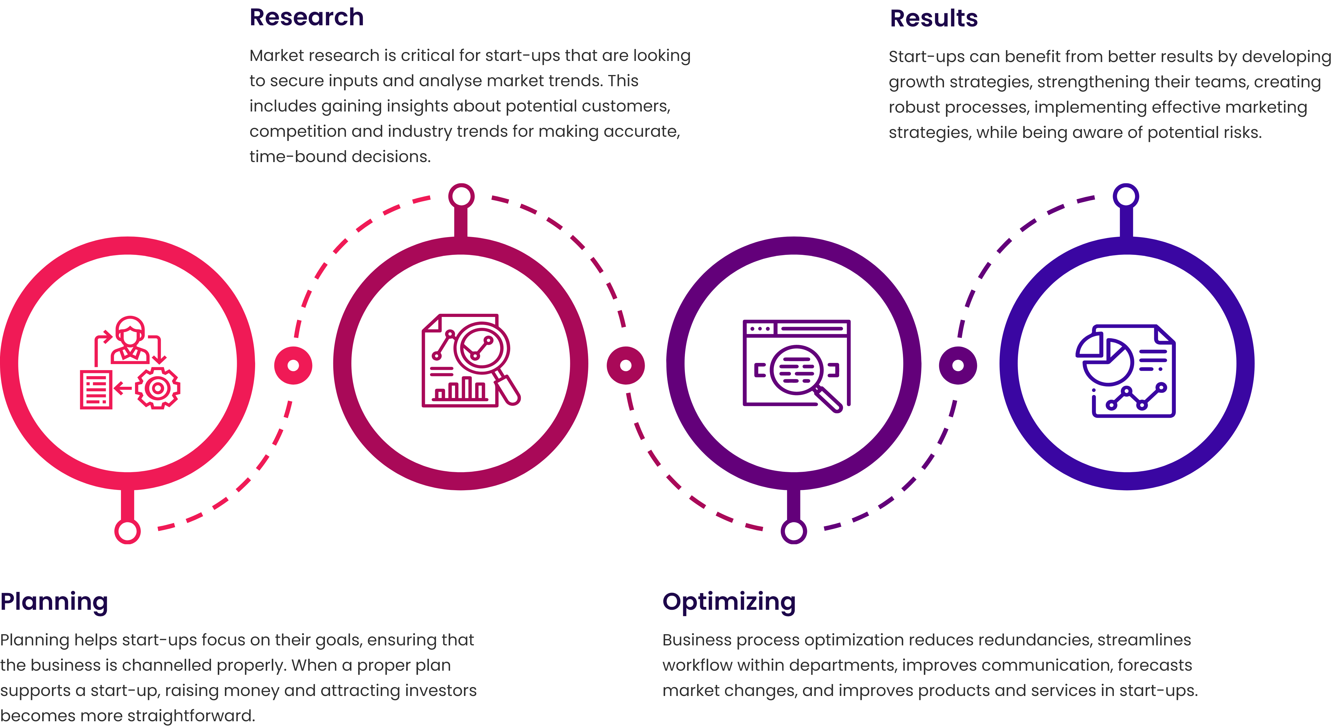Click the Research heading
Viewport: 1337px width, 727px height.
coord(306,17)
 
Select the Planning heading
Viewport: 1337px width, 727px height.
coord(54,602)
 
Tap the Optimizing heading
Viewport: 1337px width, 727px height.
coord(729,602)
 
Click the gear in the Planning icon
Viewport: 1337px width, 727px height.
coord(158,388)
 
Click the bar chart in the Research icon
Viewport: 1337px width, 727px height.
coord(461,389)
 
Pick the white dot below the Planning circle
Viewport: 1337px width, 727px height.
coord(128,531)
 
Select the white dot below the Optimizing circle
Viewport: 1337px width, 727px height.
coord(793,531)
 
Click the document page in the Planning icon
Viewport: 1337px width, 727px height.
coord(96,389)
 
